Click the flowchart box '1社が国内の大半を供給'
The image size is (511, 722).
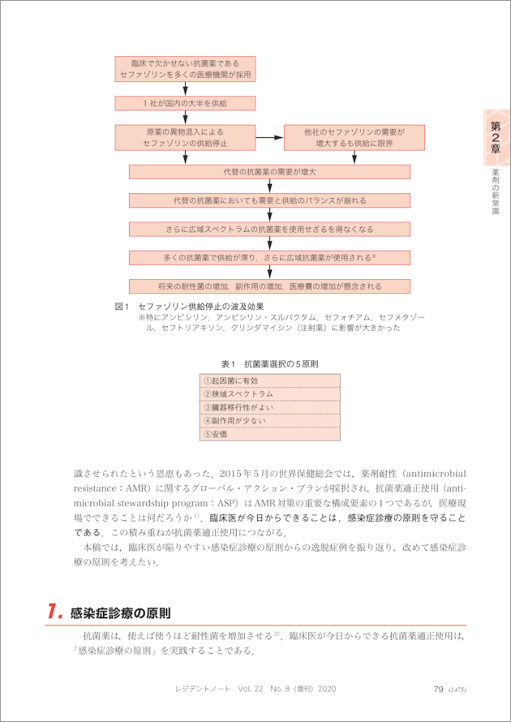click(185, 104)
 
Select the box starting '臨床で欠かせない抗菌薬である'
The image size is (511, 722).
click(185, 68)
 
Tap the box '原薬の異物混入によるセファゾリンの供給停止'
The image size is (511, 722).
click(185, 136)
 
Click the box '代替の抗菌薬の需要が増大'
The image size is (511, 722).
click(269, 172)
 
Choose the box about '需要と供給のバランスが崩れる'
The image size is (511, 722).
click(269, 200)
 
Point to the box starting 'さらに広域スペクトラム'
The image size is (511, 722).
click(269, 230)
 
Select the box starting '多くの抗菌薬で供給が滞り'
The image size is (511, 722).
click(269, 258)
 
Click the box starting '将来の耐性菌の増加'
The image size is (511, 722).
click(269, 286)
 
